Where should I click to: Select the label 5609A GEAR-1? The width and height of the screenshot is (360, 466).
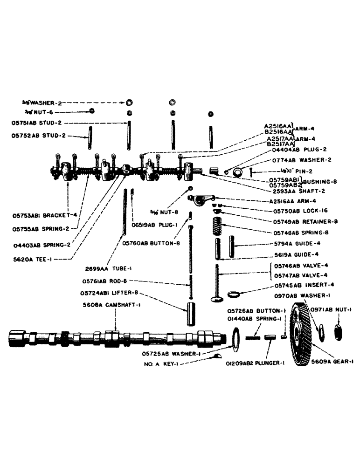pos(332,360)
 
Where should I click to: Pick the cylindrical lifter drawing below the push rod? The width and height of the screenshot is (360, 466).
pos(193,315)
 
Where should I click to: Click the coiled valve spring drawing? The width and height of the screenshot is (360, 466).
pos(217,226)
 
